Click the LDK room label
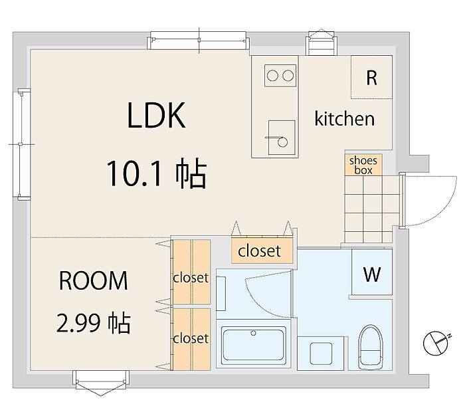(156, 116)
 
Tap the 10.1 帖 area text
(157, 173)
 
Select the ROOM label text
(94, 280)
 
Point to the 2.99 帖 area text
(94, 323)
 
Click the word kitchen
(345, 118)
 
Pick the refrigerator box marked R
(372, 77)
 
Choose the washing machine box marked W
(372, 272)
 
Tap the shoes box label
(363, 165)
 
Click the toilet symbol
(371, 347)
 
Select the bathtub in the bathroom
(253, 345)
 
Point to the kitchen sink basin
(282, 138)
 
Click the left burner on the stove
(272, 75)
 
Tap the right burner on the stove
(288, 75)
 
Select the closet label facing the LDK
(260, 251)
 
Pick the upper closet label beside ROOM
(191, 278)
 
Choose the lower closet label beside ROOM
(191, 338)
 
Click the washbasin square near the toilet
(321, 354)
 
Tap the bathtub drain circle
(253, 333)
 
